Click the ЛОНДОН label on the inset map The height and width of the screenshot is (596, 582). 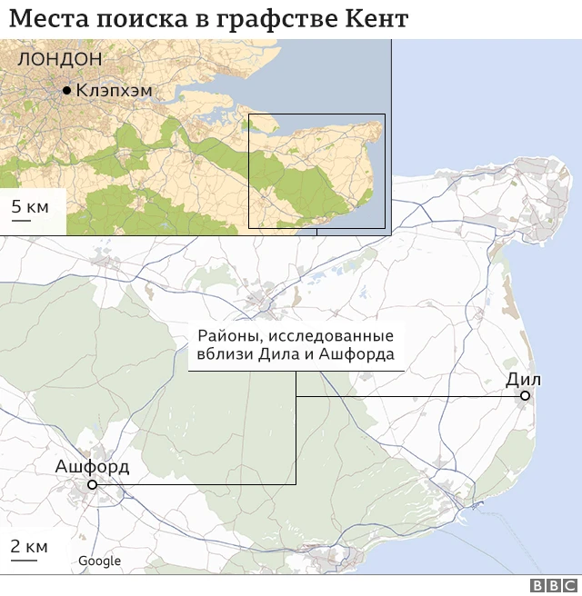tap(60, 59)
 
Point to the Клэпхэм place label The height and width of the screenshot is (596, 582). tap(114, 91)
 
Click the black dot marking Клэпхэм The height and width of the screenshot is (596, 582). tap(66, 91)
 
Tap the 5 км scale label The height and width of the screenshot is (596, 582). tap(30, 208)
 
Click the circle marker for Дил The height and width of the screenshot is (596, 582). tap(525, 396)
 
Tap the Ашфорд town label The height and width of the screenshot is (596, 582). tap(92, 468)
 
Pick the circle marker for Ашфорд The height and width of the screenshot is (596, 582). tap(92, 485)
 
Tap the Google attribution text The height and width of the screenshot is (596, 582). tap(99, 561)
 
